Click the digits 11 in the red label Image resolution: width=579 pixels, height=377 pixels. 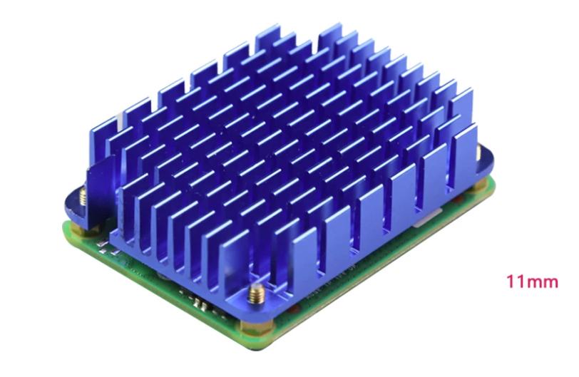(514, 282)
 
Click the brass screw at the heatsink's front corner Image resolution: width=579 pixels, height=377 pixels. (256, 295)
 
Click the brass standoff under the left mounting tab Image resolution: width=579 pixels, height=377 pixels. (79, 229)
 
